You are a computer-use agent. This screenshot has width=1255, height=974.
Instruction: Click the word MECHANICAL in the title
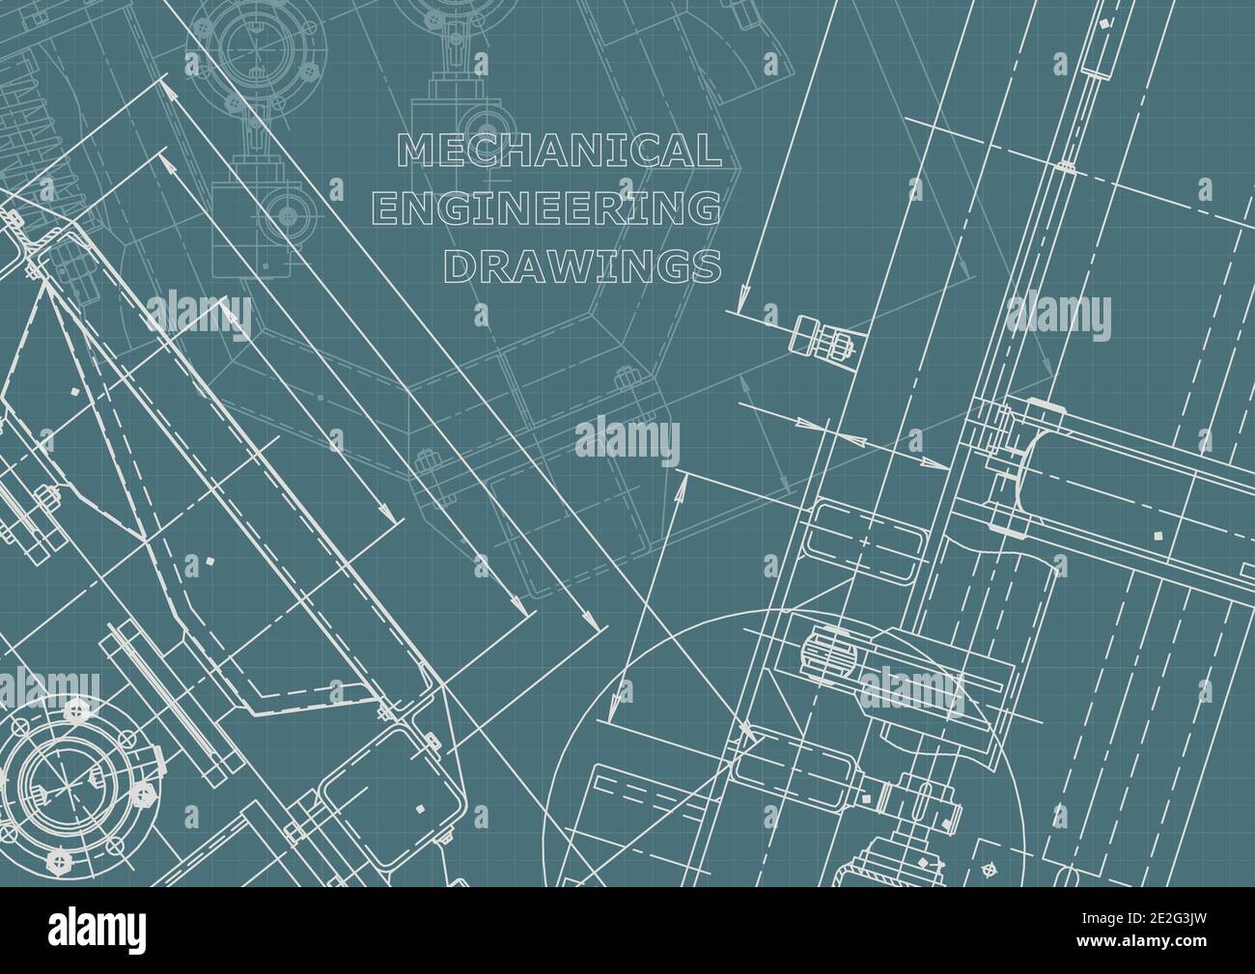pyautogui.click(x=560, y=151)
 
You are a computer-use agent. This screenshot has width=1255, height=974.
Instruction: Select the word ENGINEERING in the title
pyautogui.click(x=546, y=209)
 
